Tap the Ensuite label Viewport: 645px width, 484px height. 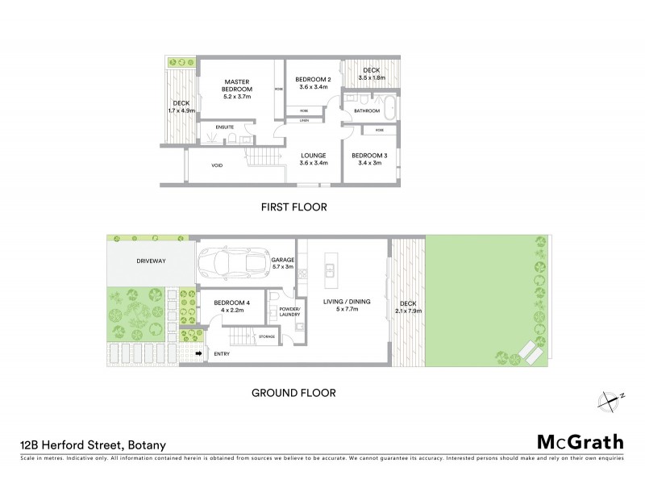214,127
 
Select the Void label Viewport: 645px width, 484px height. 217,166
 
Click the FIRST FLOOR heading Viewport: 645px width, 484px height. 293,207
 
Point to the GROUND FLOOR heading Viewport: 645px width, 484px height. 293,394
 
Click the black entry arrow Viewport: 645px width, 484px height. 199,353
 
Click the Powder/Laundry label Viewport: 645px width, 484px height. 290,313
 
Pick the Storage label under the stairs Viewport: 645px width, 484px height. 267,336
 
